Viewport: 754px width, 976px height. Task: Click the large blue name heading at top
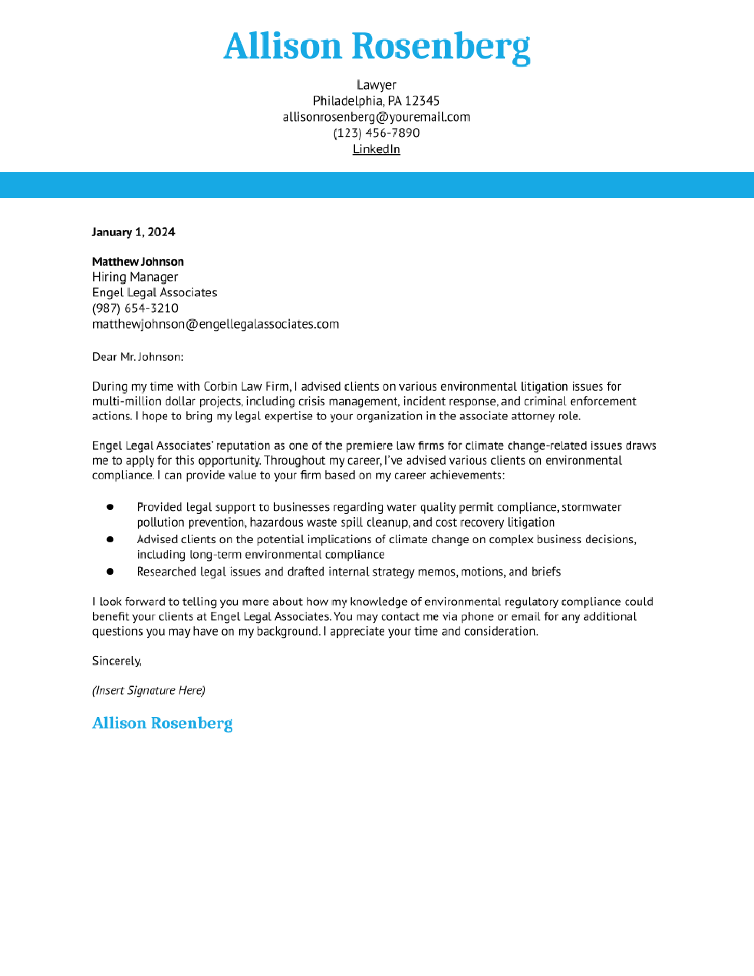tap(376, 46)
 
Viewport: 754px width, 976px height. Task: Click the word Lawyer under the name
tap(376, 85)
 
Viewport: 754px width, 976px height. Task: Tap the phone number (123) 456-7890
tap(376, 133)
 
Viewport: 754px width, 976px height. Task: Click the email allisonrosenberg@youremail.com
tap(376, 117)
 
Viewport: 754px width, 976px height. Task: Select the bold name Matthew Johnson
tap(138, 261)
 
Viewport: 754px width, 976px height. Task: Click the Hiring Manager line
tap(135, 277)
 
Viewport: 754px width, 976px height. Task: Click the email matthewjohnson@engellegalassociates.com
tap(215, 324)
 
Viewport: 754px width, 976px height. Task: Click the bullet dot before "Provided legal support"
tap(110, 507)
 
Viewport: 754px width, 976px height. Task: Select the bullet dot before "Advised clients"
tap(110, 539)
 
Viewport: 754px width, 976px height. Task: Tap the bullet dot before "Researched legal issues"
tap(110, 571)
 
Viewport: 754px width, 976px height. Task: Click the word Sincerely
tap(117, 661)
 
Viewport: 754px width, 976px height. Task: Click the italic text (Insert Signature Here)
tap(148, 690)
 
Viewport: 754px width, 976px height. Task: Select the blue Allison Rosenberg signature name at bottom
tap(162, 723)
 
